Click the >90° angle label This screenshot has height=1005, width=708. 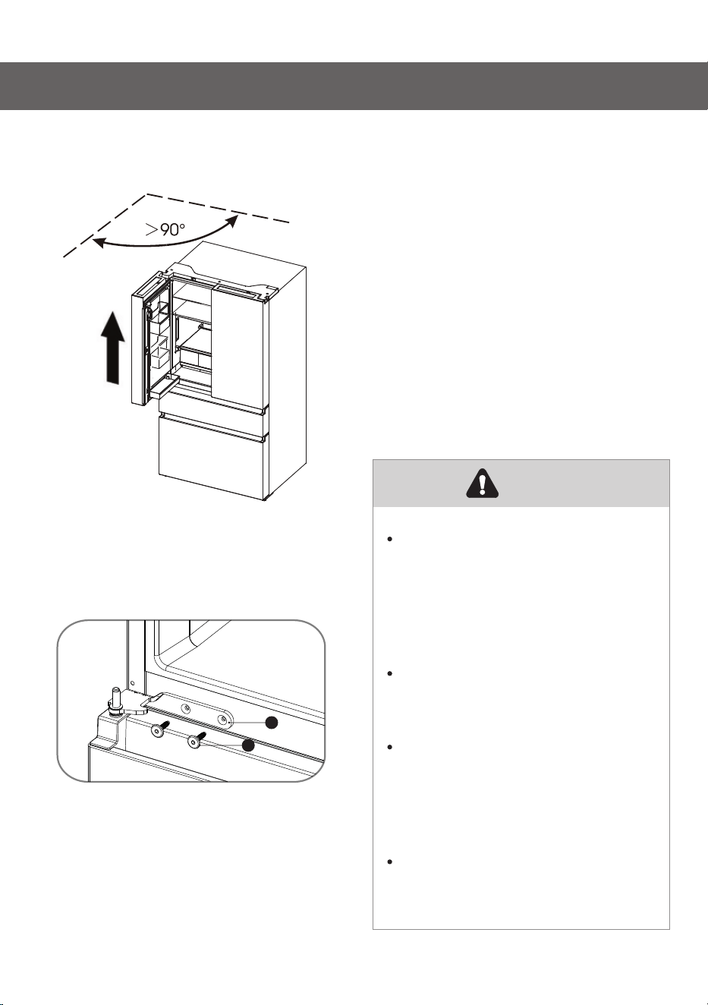point(165,229)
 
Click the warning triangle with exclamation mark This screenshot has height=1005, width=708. point(483,484)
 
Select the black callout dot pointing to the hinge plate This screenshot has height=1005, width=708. point(272,723)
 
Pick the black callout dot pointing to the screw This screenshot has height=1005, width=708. point(248,745)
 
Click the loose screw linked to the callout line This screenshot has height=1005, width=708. point(196,740)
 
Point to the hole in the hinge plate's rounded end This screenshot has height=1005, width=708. point(223,719)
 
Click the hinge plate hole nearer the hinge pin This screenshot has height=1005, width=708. point(185,708)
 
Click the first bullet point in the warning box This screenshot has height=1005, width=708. point(389,539)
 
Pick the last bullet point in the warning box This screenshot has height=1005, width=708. point(389,862)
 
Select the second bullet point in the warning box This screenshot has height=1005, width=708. point(389,673)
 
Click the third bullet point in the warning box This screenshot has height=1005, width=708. point(389,747)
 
